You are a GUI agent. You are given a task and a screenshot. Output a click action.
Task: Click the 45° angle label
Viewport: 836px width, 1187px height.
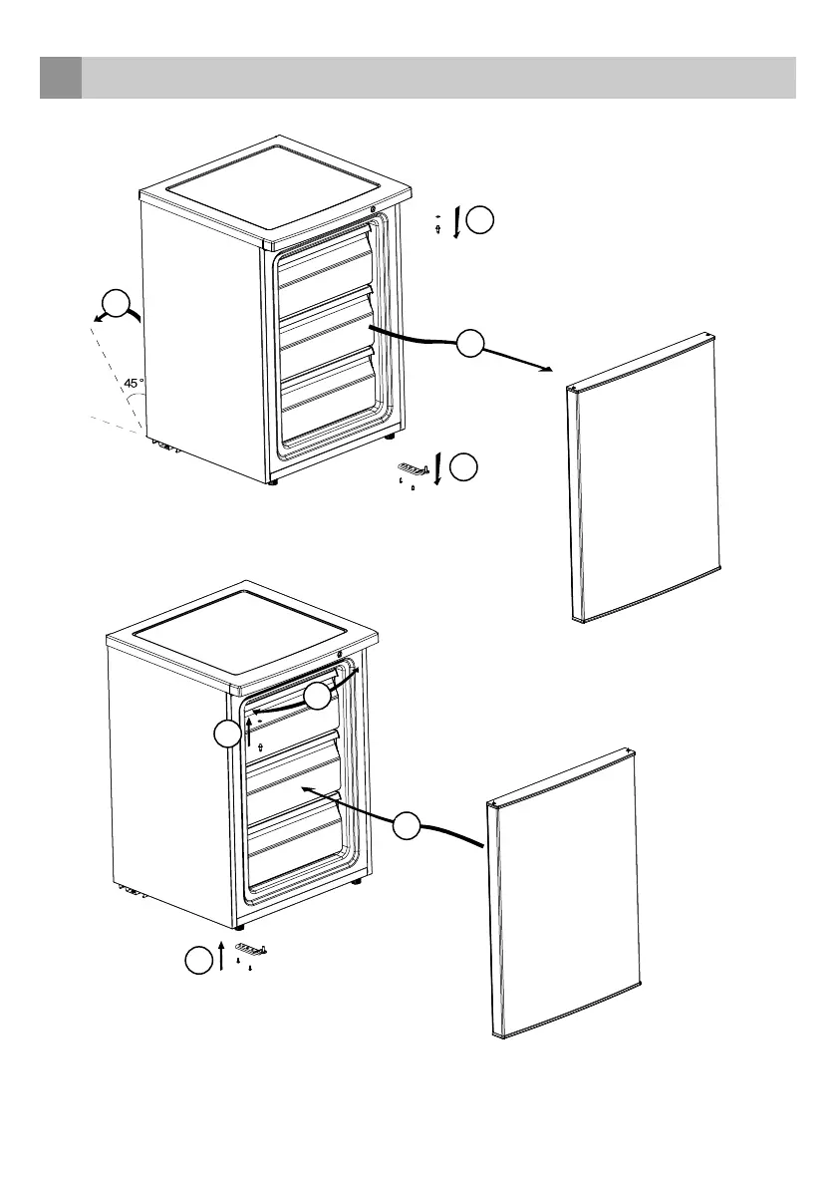[135, 383]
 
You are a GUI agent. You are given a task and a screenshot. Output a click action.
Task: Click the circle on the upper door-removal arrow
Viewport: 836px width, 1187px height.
[470, 344]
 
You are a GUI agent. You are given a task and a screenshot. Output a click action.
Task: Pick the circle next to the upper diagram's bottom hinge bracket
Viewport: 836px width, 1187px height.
[464, 468]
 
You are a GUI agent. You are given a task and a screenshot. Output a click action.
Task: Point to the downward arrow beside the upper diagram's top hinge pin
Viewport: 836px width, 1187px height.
[456, 222]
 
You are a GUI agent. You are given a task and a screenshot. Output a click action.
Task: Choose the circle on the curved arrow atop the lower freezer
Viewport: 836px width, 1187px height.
[317, 698]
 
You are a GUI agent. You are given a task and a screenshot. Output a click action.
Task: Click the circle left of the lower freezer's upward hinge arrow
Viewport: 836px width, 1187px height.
[227, 736]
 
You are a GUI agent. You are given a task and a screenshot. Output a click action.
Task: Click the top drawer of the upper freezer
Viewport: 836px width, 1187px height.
[327, 264]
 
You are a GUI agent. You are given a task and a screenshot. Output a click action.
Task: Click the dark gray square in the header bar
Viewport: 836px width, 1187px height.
[60, 78]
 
